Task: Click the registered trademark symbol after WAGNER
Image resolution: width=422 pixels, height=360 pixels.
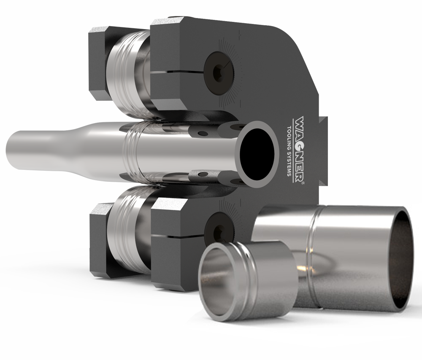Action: pos(303,183)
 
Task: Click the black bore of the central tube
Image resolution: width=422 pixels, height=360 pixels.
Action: pos(257,150)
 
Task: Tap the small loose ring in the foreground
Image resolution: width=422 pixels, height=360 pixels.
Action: pos(246,279)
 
